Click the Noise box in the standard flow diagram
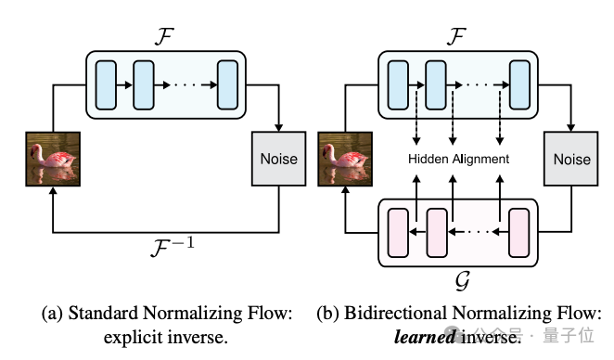[278, 159]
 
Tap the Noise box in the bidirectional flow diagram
[571, 159]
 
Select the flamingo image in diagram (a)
[53, 159]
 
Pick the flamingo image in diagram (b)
[345, 159]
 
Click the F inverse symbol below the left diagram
[173, 247]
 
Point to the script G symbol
[463, 280]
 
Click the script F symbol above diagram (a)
[164, 36]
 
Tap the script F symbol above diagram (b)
[456, 36]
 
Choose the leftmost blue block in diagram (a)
[106, 84]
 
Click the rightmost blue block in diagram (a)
[227, 84]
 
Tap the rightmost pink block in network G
[518, 233]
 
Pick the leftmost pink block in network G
[398, 233]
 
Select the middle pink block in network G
[437, 233]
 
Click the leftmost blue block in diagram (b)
[398, 84]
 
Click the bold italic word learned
[425, 337]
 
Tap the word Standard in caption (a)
[103, 313]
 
